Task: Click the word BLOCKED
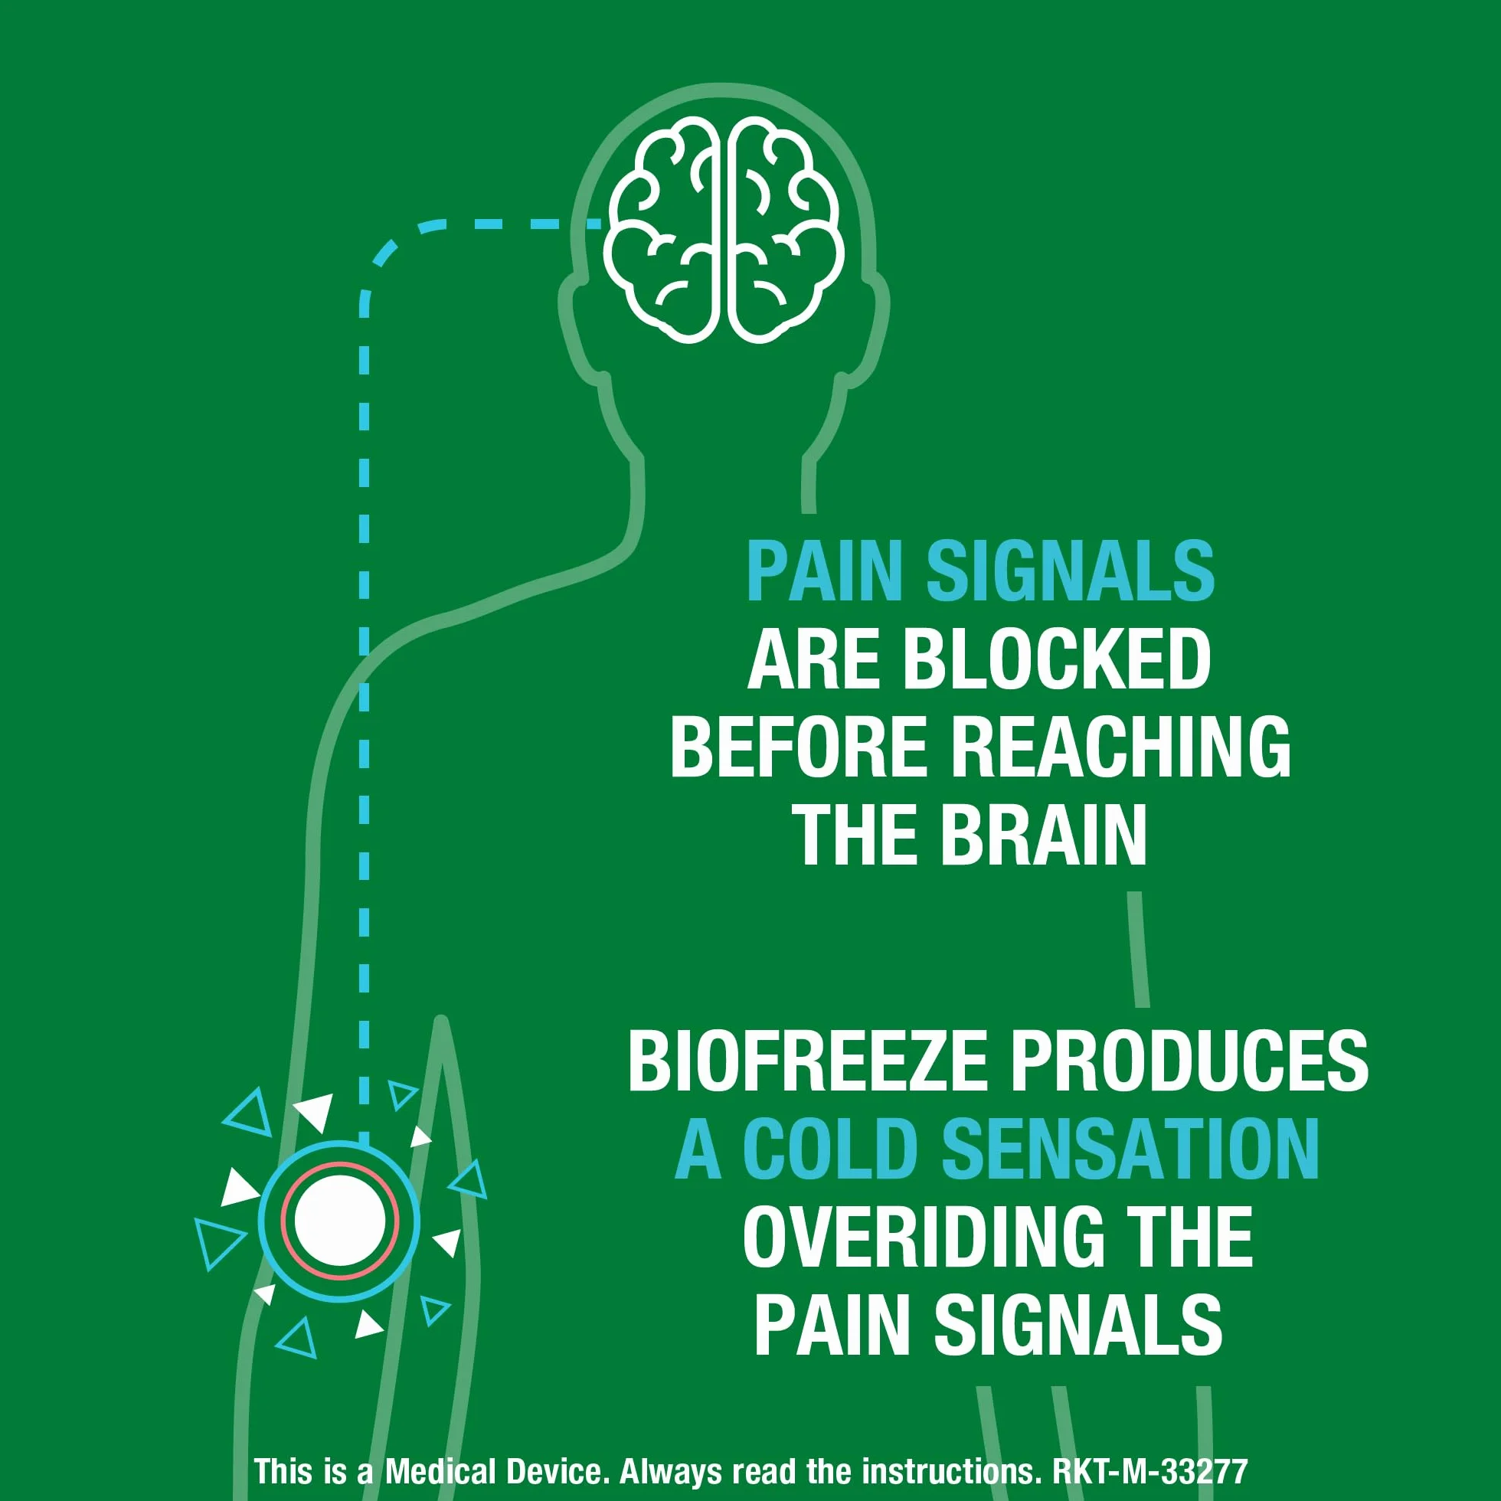(1057, 659)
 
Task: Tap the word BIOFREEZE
(807, 1061)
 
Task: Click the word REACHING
(1120, 747)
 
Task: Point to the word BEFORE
(799, 747)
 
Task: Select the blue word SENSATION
(1130, 1149)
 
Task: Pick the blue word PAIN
(824, 572)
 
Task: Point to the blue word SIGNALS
(1071, 572)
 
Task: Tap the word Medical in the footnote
(440, 1471)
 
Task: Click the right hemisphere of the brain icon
(786, 230)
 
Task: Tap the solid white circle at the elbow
(340, 1220)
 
